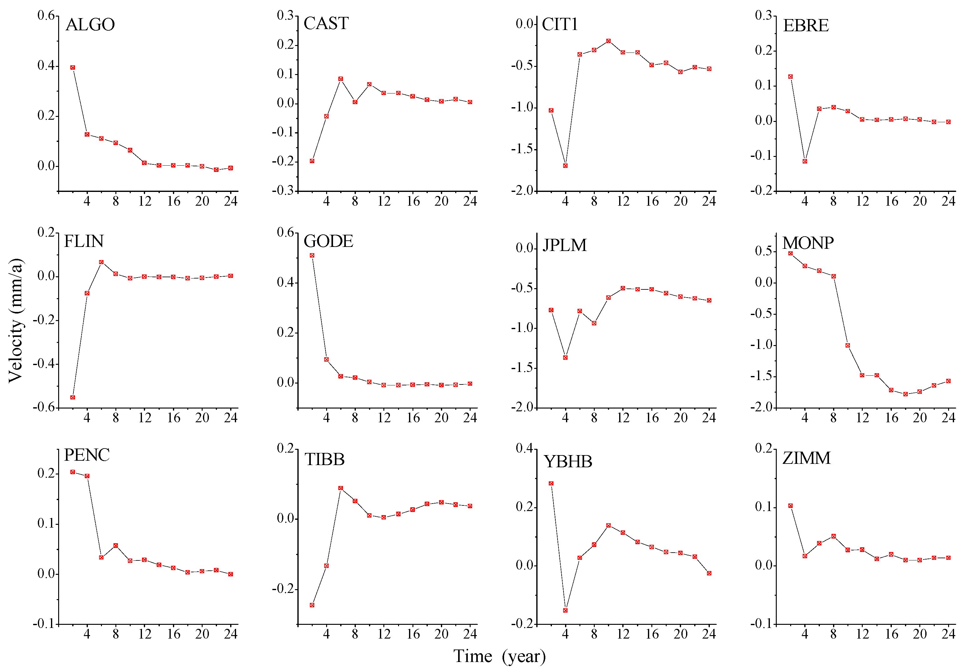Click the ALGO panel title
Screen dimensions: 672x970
[90, 25]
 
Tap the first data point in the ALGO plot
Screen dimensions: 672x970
[73, 68]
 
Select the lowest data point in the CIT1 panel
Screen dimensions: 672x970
[565, 165]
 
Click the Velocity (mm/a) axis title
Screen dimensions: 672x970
[16, 320]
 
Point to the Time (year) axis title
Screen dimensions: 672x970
[499, 656]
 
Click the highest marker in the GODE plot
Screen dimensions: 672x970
[312, 255]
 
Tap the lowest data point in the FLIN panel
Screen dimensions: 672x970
[73, 397]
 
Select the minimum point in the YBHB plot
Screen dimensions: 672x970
[565, 610]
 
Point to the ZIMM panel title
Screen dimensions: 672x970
[806, 458]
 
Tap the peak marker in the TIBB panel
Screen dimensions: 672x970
[341, 488]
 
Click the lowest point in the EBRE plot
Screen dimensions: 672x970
[805, 161]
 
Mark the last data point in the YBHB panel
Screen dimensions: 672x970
[709, 573]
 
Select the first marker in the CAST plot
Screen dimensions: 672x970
[312, 161]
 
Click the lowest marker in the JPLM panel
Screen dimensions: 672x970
[565, 358]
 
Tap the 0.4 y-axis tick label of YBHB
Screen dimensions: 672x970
[524, 449]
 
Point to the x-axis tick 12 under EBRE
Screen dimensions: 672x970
[862, 201]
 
